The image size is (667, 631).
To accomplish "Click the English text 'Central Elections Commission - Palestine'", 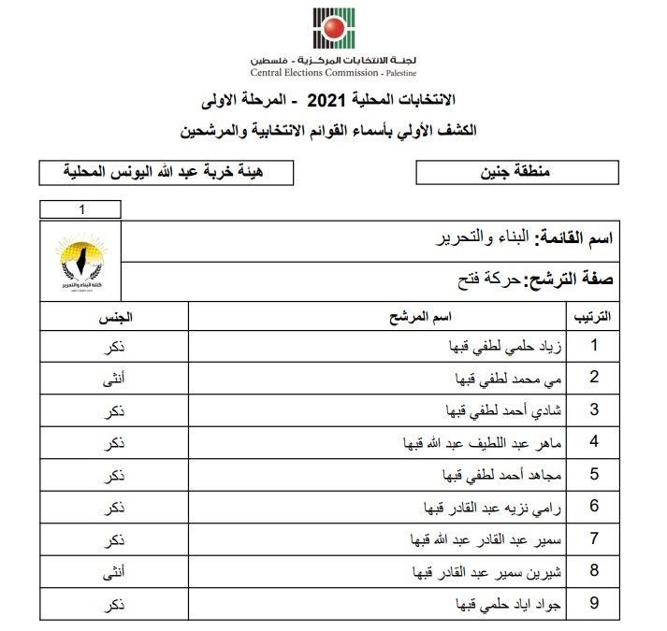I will click(333, 72).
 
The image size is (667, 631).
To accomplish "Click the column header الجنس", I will click(113, 317).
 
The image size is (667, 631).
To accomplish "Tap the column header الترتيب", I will click(591, 317).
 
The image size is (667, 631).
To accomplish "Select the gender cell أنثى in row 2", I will click(113, 379).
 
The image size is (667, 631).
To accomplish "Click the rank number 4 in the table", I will click(593, 443).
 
